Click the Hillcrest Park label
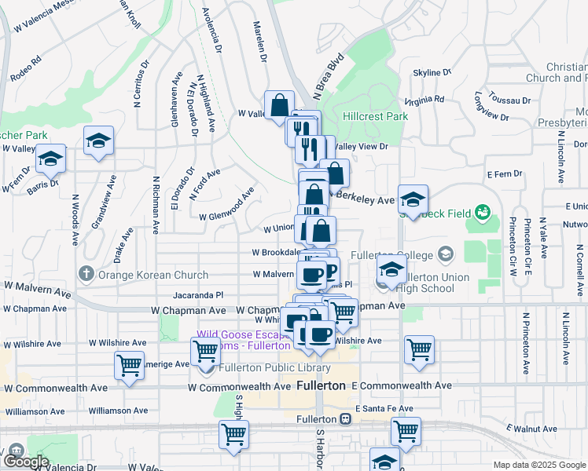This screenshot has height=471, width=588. click(x=375, y=116)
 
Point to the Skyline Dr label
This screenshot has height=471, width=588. click(x=432, y=72)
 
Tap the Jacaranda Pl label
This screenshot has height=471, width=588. click(x=198, y=295)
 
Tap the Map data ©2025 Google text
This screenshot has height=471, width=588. click(x=539, y=465)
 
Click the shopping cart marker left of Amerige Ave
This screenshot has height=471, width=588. click(x=129, y=364)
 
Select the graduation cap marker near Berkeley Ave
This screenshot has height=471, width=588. click(x=413, y=199)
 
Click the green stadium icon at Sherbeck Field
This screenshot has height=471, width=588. click(x=483, y=212)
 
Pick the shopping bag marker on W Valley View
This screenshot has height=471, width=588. click(x=279, y=104)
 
